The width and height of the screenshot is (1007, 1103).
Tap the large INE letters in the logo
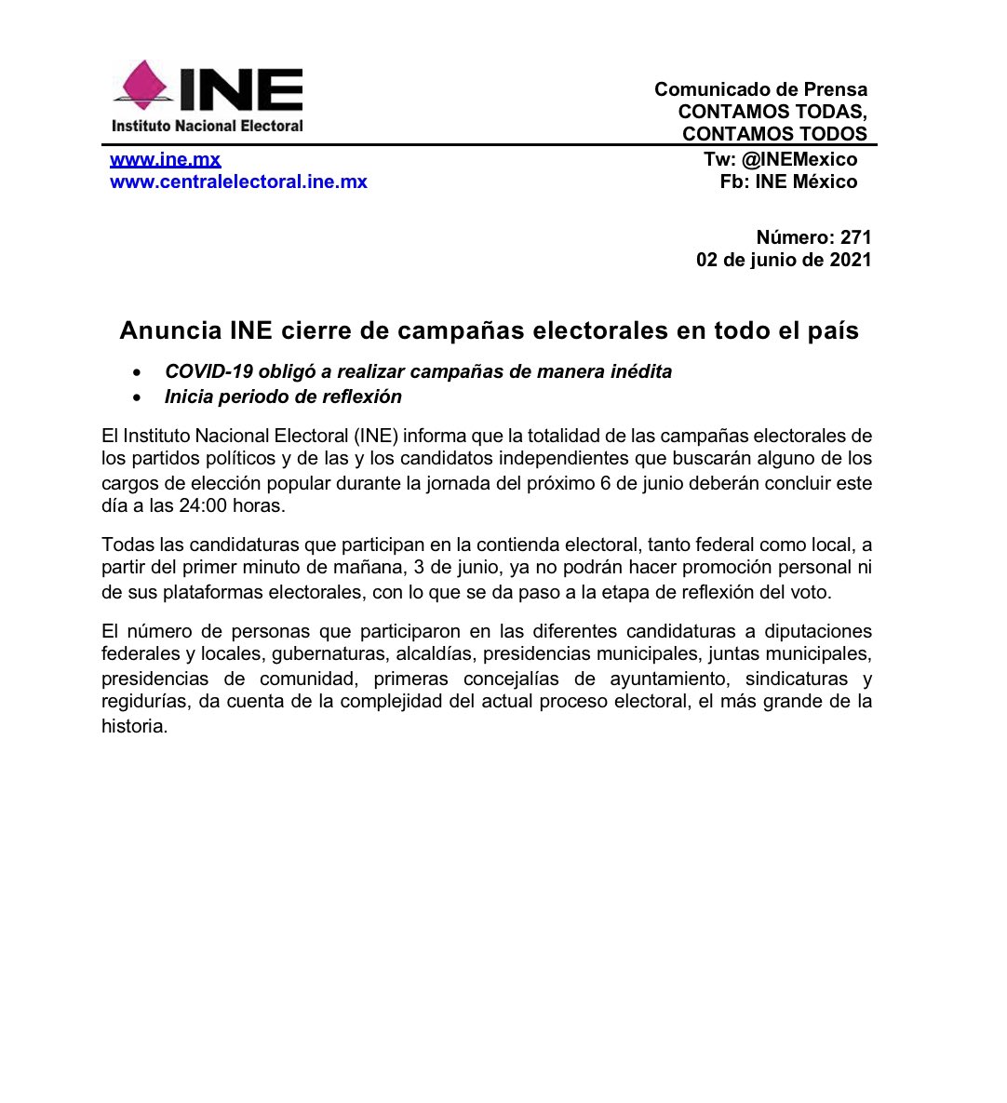coord(241,89)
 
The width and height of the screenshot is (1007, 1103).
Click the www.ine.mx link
coord(166,159)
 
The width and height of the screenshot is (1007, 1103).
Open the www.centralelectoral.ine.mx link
coord(238,182)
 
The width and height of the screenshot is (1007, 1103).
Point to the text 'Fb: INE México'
coord(788,182)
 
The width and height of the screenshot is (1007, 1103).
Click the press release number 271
coord(855,237)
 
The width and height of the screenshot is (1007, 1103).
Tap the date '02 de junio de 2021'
coord(784,260)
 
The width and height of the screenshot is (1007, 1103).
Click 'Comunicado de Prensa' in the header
coord(760,89)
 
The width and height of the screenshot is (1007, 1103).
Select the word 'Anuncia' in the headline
coord(169,330)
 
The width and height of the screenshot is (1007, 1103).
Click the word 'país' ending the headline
coord(832,330)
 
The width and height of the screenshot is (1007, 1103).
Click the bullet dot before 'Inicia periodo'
coord(138,397)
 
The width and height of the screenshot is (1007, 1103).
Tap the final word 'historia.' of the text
coord(135,726)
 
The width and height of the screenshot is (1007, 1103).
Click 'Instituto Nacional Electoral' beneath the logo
coord(208,126)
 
